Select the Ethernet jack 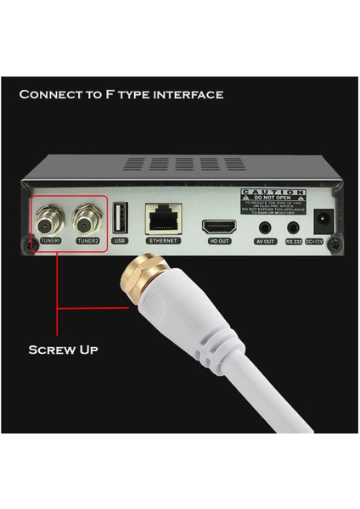tap(162, 221)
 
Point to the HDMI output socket tap(217, 227)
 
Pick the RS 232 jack tap(294, 227)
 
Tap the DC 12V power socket tap(323, 222)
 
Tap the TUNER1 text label tap(50, 243)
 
